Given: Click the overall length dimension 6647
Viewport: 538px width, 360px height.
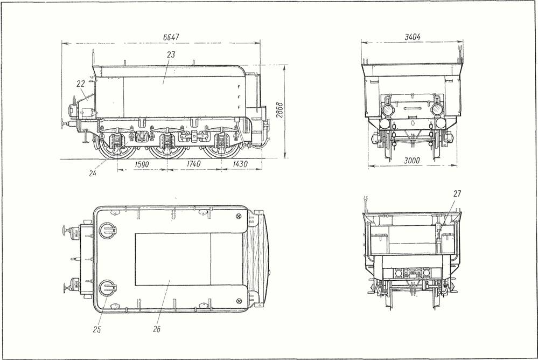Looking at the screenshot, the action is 171,37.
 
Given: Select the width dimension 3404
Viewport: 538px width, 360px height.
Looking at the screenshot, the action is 413,37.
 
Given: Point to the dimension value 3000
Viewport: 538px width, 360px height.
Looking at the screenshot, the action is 412,161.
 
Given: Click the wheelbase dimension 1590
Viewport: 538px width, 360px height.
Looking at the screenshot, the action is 141,164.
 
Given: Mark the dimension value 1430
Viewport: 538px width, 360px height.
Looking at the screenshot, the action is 240,164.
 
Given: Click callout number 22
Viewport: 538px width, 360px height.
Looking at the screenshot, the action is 80,84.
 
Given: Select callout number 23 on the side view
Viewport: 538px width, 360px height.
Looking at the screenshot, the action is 171,54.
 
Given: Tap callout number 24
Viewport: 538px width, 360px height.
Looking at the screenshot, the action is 92,173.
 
